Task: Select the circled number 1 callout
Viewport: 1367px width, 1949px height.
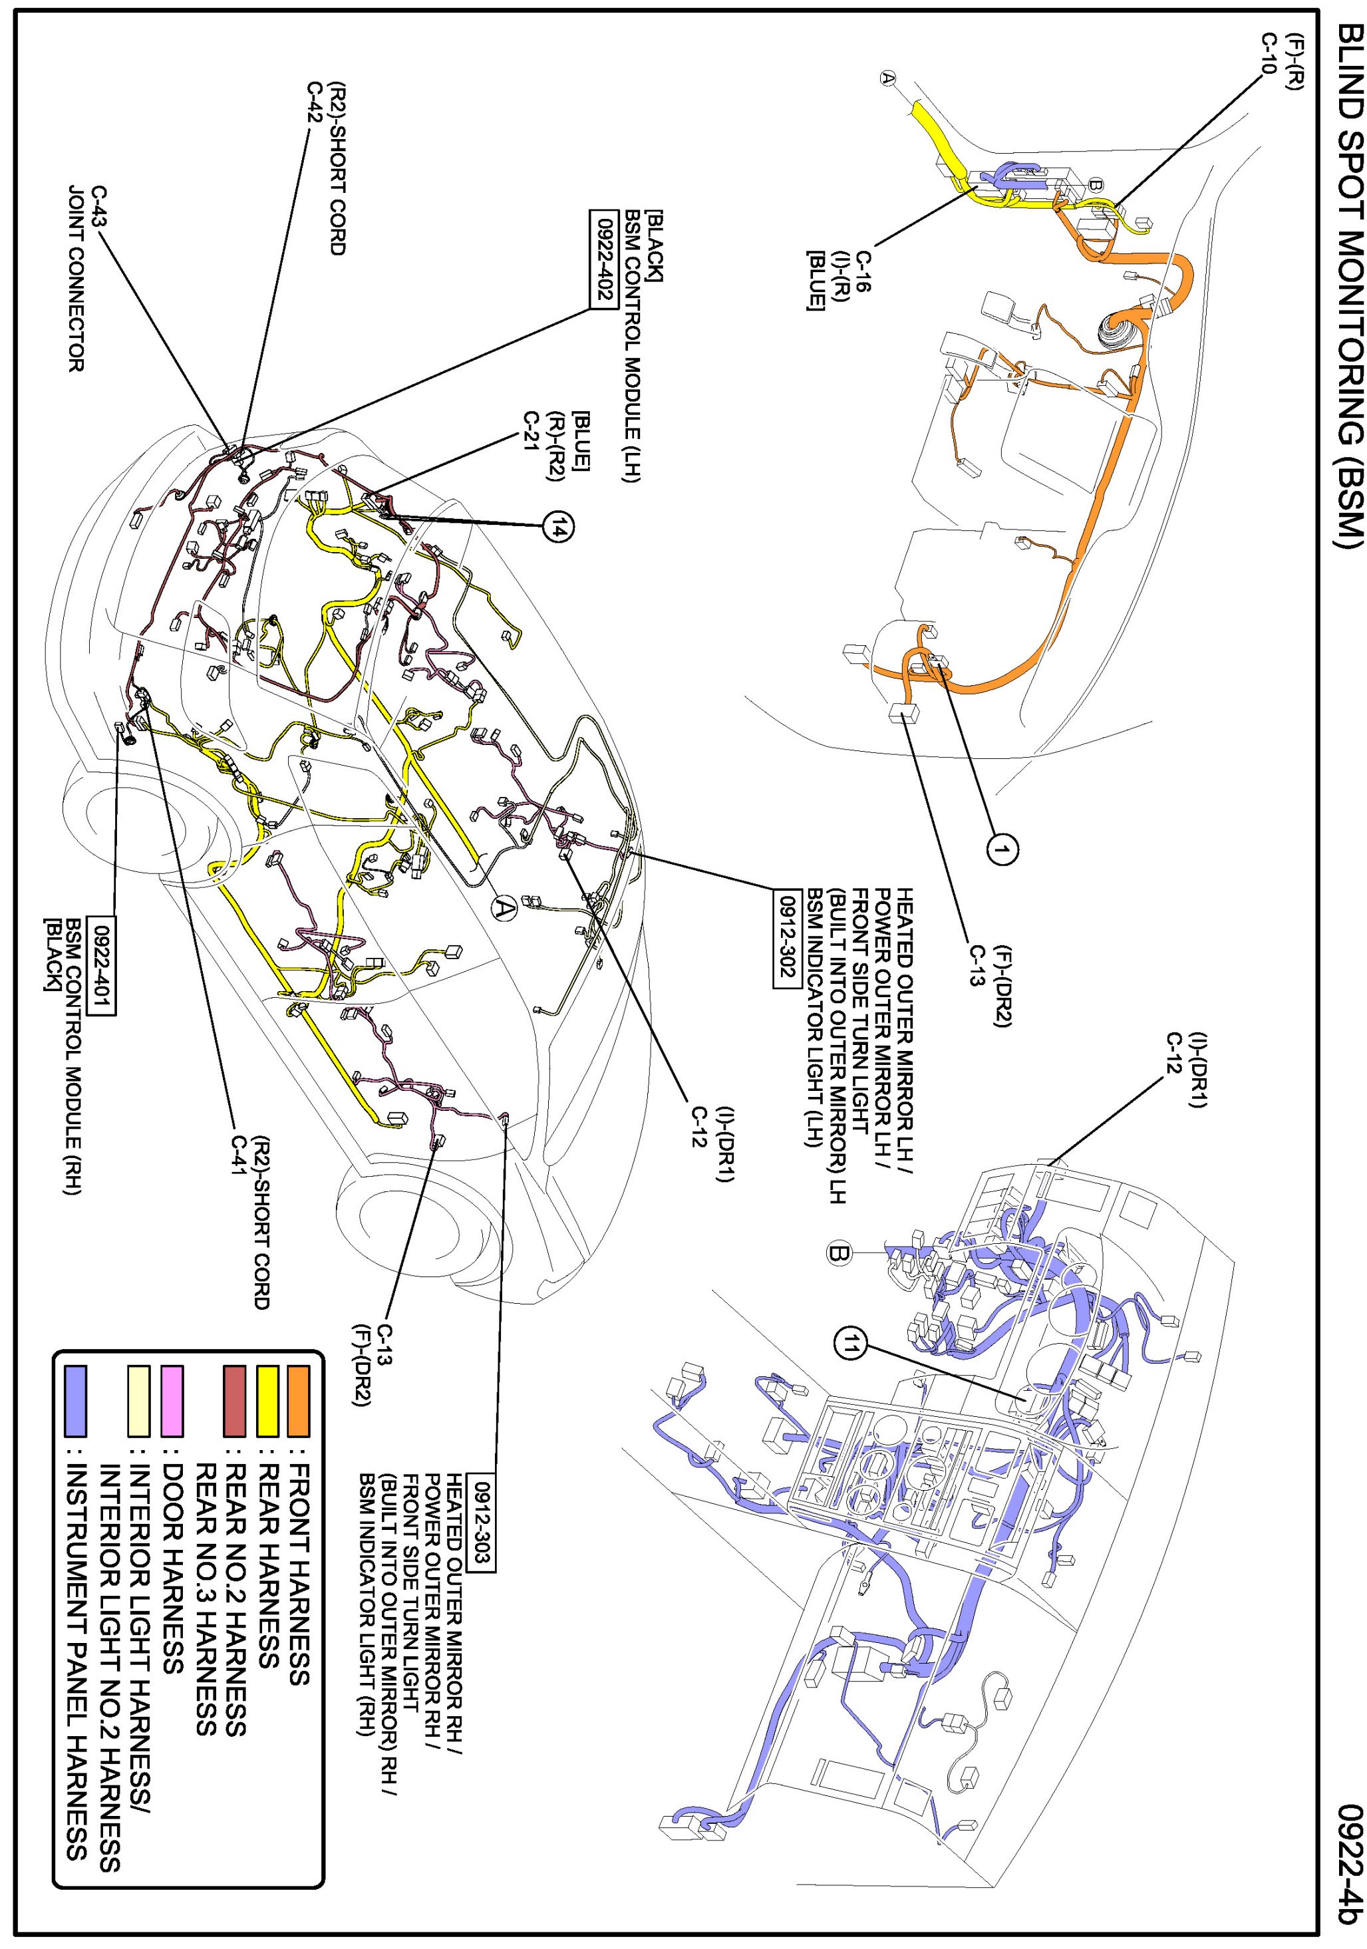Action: (x=1002, y=849)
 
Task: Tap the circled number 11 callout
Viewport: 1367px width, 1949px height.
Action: (x=851, y=1344)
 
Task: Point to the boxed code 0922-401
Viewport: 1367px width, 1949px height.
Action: (x=102, y=966)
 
